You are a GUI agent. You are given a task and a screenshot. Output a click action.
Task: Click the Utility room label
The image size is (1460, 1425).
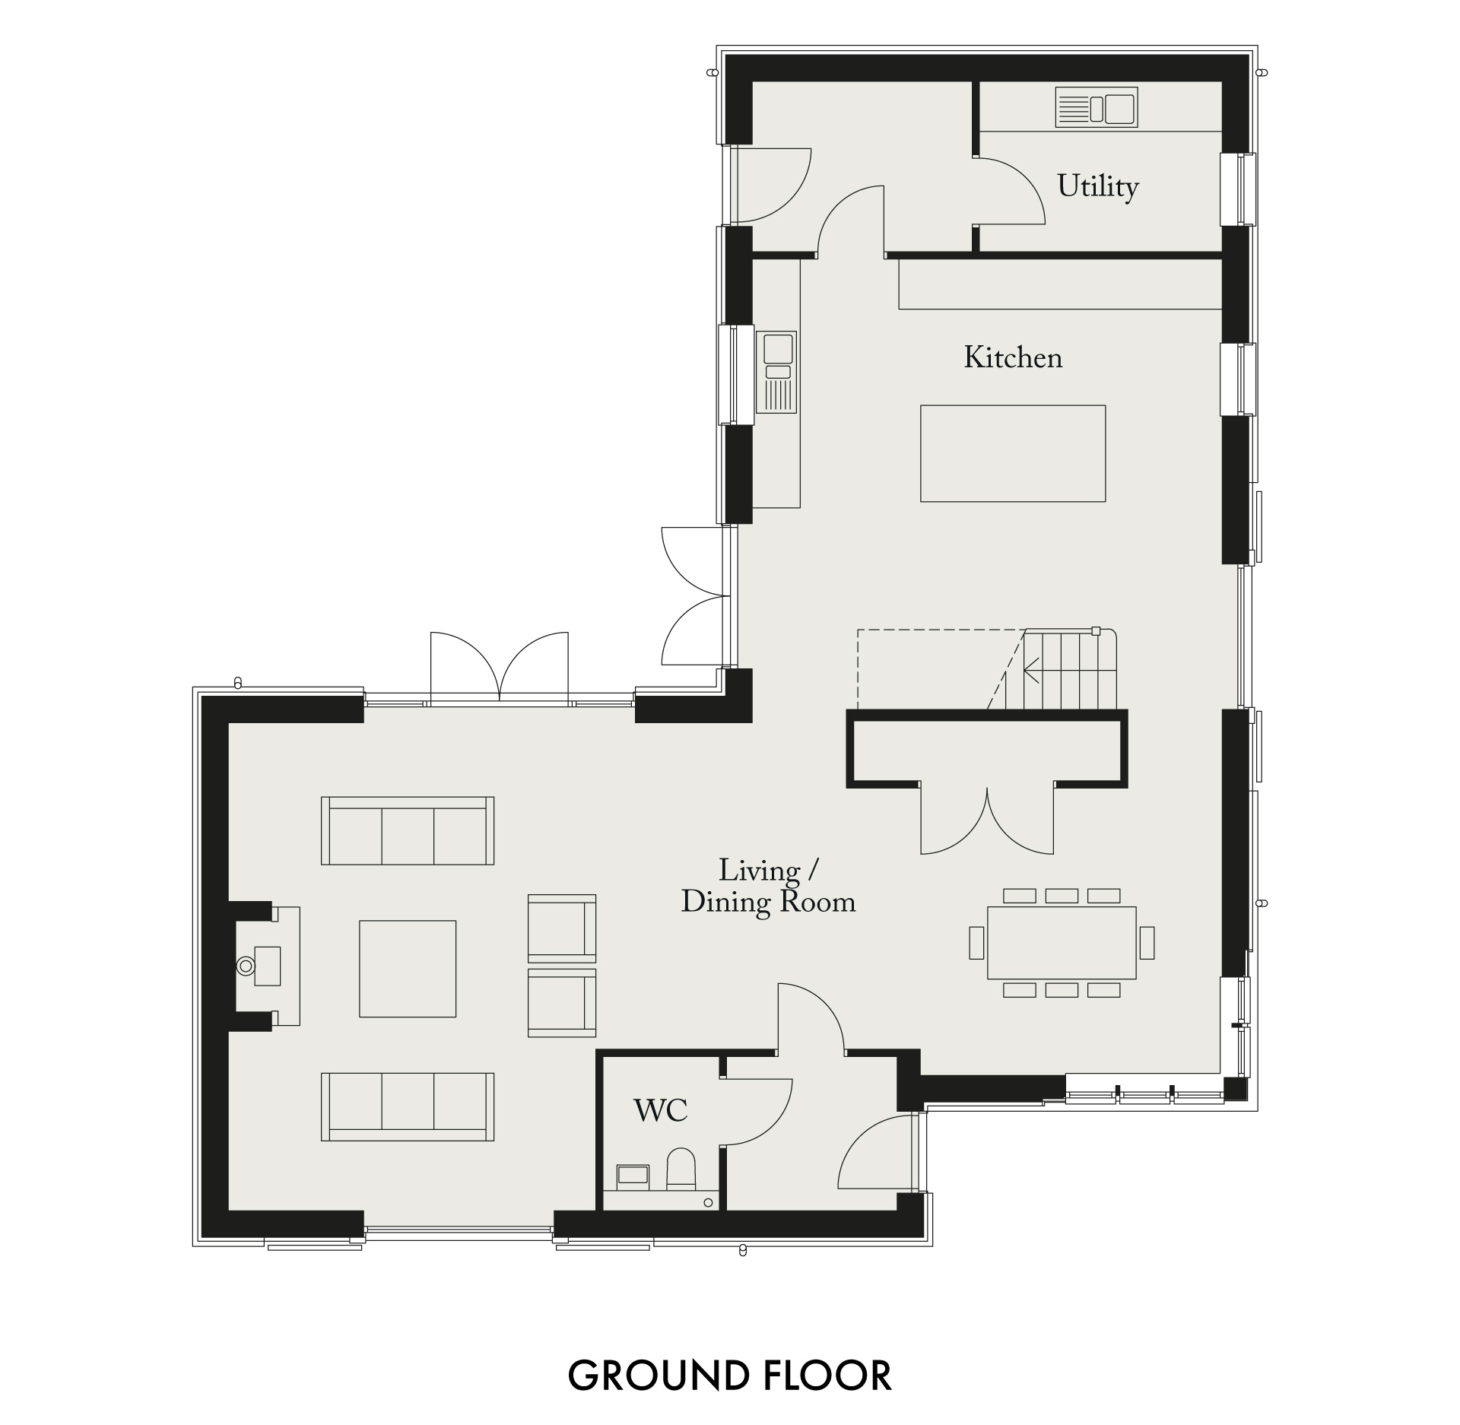coord(1098,187)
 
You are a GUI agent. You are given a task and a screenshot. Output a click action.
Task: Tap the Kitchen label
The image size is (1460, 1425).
coord(1013,358)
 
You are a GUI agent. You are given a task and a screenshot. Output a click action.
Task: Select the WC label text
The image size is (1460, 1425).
coord(661,1111)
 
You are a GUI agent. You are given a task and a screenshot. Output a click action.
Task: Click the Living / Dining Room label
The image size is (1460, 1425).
coord(768,887)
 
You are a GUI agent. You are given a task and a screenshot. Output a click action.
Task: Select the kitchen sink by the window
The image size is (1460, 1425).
coord(776,372)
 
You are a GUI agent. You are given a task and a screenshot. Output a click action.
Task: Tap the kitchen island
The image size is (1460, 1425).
coord(1013,453)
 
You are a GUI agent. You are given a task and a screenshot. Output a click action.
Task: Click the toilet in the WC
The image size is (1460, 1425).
coord(681,1170)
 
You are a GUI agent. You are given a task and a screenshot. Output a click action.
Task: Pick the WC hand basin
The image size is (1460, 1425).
coord(633,1175)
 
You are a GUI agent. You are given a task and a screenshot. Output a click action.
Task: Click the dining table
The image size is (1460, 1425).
coord(1062,943)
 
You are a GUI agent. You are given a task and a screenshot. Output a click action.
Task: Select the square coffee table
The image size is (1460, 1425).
coord(408,969)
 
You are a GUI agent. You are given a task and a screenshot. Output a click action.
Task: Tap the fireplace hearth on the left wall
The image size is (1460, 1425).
coord(268,966)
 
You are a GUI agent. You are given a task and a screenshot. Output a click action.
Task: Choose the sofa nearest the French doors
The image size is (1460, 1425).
coord(408,830)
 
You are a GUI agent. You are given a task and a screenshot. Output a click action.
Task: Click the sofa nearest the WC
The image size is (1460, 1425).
coord(408,1106)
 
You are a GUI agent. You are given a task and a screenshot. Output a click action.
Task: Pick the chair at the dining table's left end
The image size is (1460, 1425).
coord(976,943)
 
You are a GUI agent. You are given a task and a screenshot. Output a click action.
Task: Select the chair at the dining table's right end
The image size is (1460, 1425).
coord(1147,943)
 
